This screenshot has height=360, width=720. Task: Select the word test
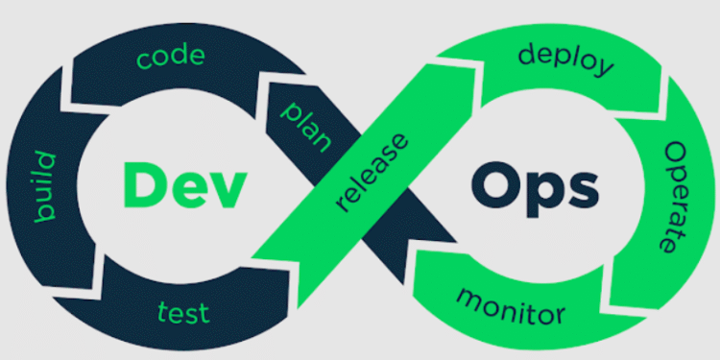(183, 312)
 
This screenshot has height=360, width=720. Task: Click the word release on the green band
(373, 172)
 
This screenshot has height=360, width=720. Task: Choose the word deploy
(565, 59)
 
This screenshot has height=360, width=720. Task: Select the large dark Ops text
(534, 186)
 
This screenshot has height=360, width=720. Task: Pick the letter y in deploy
(603, 69)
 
